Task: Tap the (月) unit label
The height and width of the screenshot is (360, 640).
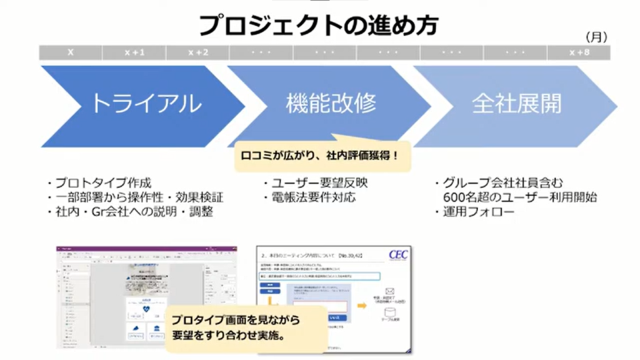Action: tap(596, 37)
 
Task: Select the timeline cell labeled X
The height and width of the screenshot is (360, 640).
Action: tap(71, 53)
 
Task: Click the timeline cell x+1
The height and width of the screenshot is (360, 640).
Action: tap(134, 53)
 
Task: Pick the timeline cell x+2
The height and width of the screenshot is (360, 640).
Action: tap(197, 53)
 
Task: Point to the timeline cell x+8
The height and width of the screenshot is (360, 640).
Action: tap(579, 53)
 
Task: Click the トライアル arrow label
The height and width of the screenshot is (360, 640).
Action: tap(146, 104)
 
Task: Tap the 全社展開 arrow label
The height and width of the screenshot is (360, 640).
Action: tap(516, 104)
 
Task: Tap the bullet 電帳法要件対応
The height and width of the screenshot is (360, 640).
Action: tap(310, 197)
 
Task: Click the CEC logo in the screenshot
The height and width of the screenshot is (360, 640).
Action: tap(397, 255)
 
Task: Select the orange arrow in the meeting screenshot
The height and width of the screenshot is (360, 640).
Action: tap(362, 306)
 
